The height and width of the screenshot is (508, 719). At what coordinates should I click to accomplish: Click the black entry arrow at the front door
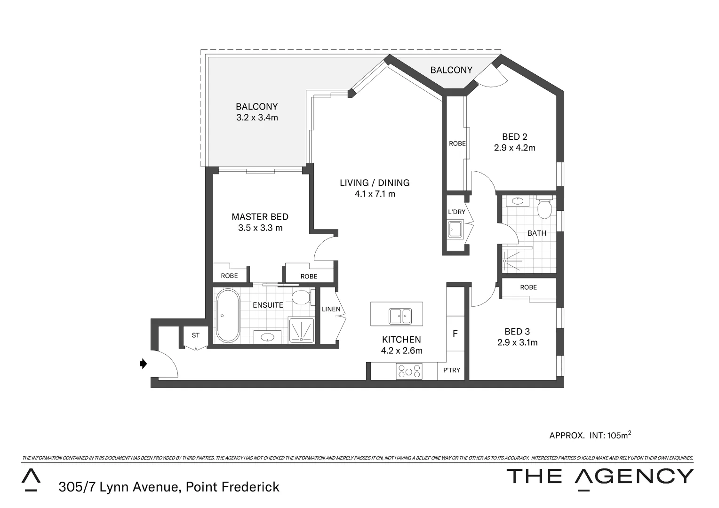(x=144, y=364)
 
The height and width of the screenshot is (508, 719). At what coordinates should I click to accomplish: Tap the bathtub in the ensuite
(x=228, y=316)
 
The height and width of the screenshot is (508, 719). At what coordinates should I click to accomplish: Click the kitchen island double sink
(x=400, y=316)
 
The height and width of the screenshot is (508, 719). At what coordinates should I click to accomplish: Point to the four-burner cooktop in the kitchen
(x=409, y=372)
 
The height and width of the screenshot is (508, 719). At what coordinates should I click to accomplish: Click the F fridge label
(x=455, y=334)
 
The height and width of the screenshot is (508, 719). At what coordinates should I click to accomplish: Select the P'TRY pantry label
(x=452, y=370)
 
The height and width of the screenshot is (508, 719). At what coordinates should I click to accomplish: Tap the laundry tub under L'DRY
(x=455, y=230)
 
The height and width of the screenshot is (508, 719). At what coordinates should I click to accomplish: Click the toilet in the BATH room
(x=544, y=209)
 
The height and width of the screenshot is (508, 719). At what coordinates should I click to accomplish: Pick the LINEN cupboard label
(x=331, y=309)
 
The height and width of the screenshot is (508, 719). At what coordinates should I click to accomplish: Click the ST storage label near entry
(x=195, y=335)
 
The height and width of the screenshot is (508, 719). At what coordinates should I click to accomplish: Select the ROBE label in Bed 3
(x=528, y=287)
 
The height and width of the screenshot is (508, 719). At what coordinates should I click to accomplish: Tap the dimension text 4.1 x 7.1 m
(x=375, y=194)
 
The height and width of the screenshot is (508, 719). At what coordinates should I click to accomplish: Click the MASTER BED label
(x=260, y=217)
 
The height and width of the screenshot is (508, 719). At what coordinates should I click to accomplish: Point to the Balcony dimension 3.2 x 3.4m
(x=257, y=118)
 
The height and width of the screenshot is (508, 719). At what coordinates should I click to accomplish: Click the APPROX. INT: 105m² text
(x=590, y=435)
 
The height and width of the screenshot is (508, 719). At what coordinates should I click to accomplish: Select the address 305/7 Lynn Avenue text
(x=169, y=487)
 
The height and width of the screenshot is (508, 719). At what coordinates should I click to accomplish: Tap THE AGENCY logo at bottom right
(x=599, y=477)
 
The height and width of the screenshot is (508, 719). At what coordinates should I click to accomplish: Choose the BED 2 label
(x=514, y=137)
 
